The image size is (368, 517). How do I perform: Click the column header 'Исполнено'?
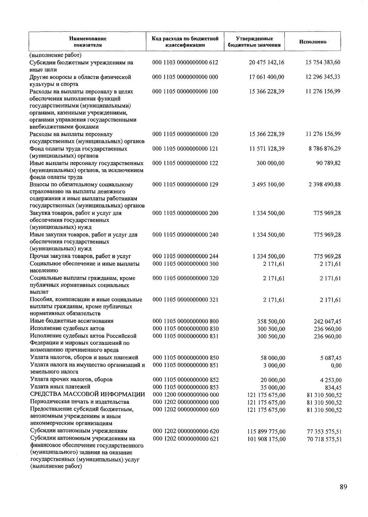pyautogui.click(x=312, y=42)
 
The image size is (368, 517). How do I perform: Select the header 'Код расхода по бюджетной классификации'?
pyautogui.click(x=185, y=42)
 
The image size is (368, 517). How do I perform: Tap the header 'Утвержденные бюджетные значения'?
pyautogui.click(x=254, y=42)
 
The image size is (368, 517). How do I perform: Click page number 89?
pyautogui.click(x=343, y=487)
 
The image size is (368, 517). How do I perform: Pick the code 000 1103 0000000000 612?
pyautogui.click(x=185, y=62)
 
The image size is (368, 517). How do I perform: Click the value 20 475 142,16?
pyautogui.click(x=266, y=62)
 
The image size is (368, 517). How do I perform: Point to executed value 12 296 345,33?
pyautogui.click(x=323, y=77)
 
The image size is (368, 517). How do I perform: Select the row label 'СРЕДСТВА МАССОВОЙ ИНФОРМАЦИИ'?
pyautogui.click(x=87, y=394)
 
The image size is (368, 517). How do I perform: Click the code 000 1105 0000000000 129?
pyautogui.click(x=185, y=185)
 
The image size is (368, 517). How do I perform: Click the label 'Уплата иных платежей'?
pyautogui.click(x=60, y=387)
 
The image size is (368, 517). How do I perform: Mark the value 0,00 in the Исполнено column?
pyautogui.click(x=336, y=365)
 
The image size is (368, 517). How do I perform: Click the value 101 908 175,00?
pyautogui.click(x=266, y=439)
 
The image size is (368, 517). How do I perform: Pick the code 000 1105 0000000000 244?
pyautogui.click(x=186, y=256)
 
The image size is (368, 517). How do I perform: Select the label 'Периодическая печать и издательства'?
pyautogui.click(x=79, y=402)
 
